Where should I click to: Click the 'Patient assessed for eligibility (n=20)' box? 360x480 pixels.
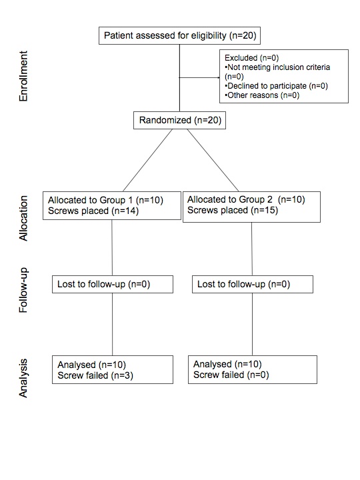click(x=179, y=35)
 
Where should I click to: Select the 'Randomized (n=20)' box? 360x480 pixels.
click(x=180, y=120)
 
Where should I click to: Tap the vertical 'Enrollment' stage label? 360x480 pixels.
click(x=23, y=76)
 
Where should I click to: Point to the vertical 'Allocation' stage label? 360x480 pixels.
click(x=23, y=218)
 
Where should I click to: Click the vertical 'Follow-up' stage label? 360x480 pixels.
click(x=23, y=290)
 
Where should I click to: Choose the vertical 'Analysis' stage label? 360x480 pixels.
click(x=23, y=379)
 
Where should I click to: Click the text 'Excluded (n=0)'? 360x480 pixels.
click(x=251, y=58)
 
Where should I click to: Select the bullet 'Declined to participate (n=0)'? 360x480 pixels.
click(x=276, y=86)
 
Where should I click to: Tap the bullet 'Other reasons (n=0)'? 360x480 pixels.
click(x=262, y=95)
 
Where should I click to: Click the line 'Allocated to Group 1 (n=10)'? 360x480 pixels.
click(x=105, y=200)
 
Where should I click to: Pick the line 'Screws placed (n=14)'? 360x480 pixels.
click(x=93, y=211)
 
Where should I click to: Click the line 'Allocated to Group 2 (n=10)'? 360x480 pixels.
click(x=246, y=199)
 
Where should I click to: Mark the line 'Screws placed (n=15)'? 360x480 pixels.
click(x=233, y=210)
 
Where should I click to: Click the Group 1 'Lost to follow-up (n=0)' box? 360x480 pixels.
click(x=113, y=285)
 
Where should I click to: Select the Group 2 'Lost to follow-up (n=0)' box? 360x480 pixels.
click(x=253, y=285)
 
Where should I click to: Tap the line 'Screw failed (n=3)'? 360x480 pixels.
click(x=95, y=375)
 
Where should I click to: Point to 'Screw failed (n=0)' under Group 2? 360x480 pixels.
click(x=231, y=375)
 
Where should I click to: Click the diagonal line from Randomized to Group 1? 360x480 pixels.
click(x=147, y=161)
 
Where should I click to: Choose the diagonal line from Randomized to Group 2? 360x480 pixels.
click(x=213, y=161)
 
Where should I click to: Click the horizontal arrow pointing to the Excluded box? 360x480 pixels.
click(x=199, y=78)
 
